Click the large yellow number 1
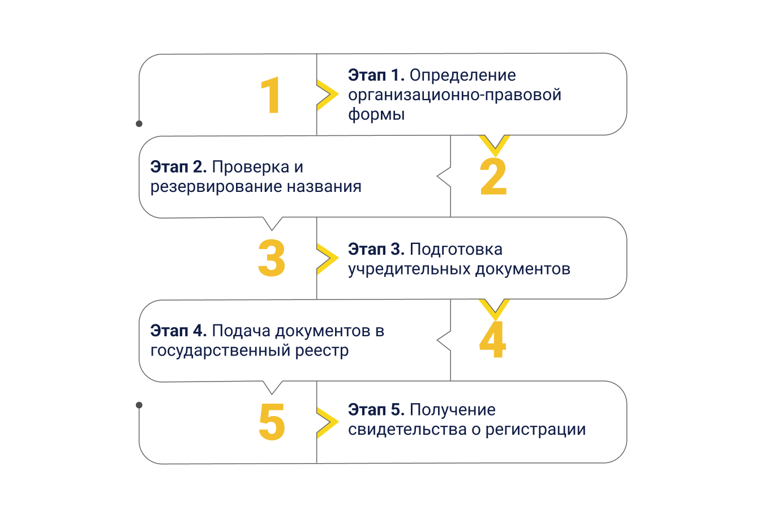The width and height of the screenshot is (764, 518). (271, 95)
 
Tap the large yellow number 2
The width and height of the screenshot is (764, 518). (493, 177)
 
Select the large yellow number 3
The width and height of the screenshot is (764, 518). (272, 258)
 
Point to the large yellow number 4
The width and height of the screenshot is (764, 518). (492, 340)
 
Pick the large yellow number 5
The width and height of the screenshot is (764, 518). (272, 422)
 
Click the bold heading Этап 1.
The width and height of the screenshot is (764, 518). (376, 75)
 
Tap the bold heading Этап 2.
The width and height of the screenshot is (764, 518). (178, 167)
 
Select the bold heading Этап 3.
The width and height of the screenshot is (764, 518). (376, 249)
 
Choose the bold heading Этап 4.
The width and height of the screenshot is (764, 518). (178, 331)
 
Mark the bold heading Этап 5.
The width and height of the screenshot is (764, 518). (376, 409)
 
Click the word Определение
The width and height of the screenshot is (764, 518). (462, 75)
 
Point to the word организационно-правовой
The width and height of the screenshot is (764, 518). (454, 95)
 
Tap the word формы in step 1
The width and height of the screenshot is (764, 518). (376, 114)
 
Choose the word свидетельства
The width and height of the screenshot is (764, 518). (407, 429)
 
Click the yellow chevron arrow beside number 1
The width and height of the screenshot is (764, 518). (328, 95)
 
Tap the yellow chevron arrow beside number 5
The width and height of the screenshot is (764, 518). (328, 422)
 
